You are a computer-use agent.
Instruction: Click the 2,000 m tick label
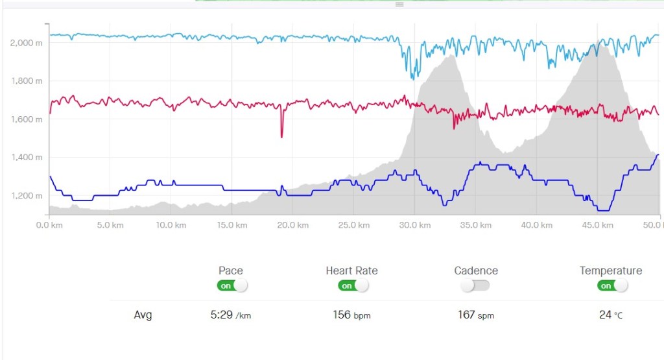26,43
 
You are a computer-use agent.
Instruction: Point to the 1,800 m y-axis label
26,81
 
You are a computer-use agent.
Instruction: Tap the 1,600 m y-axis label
26,119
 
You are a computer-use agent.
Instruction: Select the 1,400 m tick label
26,158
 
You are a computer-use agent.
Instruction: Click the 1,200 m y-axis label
26,196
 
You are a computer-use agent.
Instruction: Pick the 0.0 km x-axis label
49,225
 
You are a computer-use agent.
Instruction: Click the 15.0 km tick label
231,225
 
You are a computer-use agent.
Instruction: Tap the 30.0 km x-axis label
414,225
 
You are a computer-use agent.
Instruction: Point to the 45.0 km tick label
597,225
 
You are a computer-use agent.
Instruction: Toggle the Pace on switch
233,285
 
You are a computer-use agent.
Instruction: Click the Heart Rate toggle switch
353,285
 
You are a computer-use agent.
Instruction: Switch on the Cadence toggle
475,285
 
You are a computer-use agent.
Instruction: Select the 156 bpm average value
352,315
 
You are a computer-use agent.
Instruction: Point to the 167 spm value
475,315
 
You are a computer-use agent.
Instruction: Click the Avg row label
143,315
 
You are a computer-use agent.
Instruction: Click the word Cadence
476,270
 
